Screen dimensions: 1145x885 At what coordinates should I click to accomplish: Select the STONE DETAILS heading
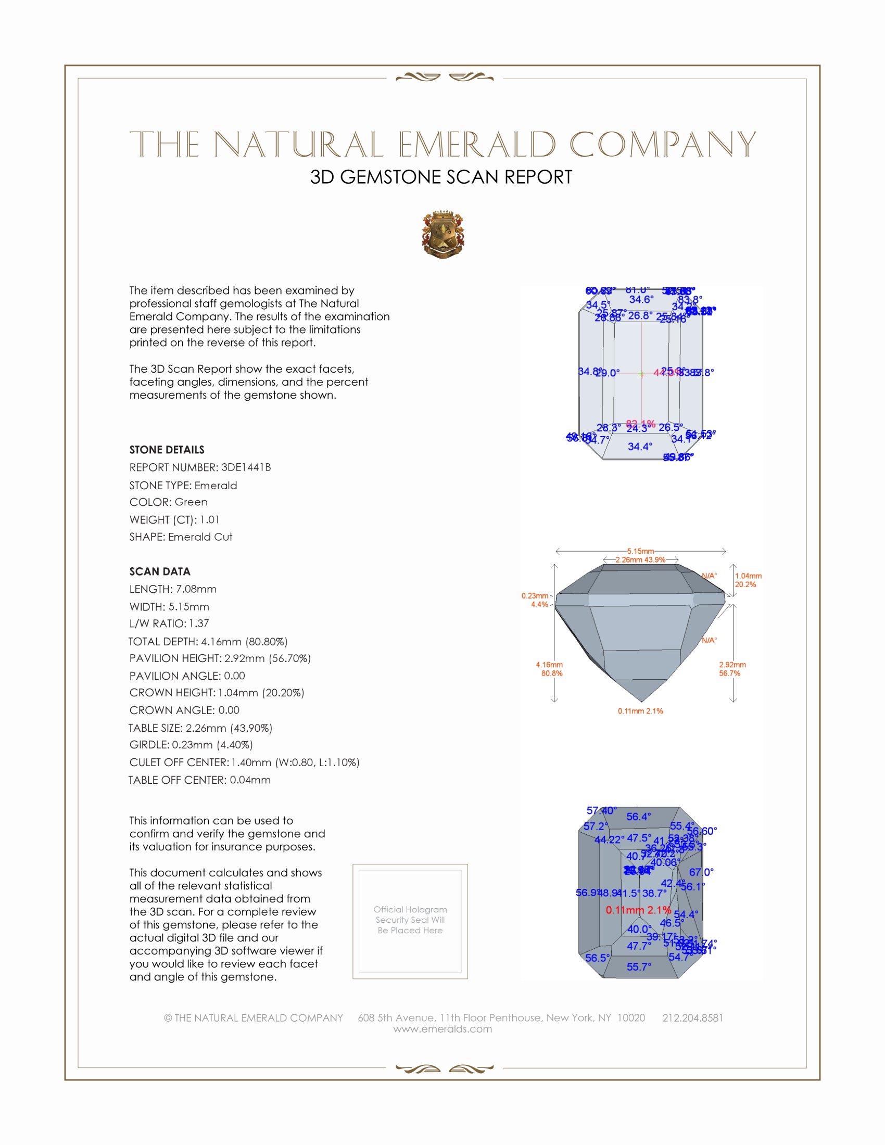tap(167, 450)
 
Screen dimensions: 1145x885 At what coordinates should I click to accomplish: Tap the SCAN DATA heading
tap(160, 571)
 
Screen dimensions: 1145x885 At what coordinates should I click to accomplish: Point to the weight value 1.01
tap(210, 519)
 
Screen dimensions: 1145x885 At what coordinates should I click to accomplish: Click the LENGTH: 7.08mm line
tap(173, 589)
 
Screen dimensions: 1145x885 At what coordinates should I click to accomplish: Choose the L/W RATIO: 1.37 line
tap(169, 624)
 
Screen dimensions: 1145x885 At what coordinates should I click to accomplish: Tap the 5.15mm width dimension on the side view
tap(640, 551)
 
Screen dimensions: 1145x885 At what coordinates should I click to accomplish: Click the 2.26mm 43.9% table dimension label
tap(640, 560)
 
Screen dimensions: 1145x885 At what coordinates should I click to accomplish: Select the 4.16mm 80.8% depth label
tap(549, 669)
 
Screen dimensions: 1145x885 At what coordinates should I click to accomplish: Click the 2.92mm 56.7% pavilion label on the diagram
tap(732, 669)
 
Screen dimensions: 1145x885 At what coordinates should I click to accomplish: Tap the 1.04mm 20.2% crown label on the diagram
tap(748, 580)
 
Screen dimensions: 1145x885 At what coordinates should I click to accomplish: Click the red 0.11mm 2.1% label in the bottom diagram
tap(638, 910)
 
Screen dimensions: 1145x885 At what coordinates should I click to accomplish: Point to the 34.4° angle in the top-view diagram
tap(640, 447)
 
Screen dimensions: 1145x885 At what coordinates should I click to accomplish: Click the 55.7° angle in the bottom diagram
tap(639, 967)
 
